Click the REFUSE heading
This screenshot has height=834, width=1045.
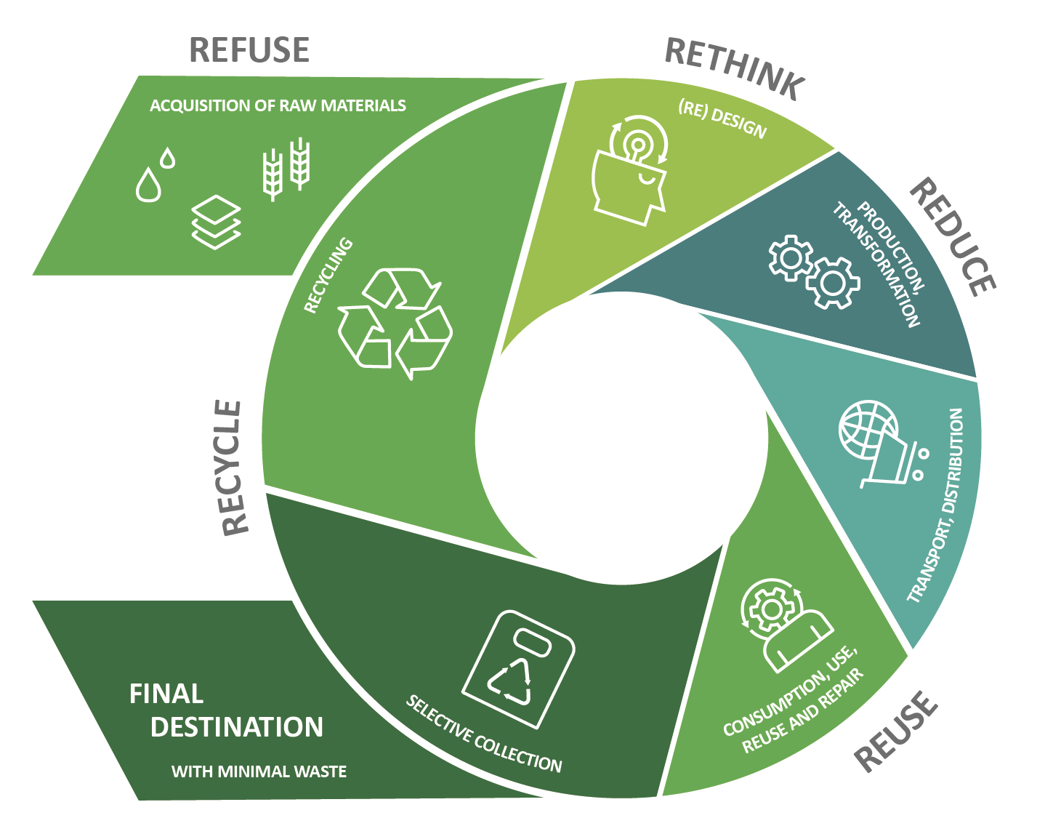(249, 50)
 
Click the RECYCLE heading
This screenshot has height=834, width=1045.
(232, 468)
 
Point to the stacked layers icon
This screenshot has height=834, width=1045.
(216, 224)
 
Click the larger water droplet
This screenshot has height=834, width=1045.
(149, 185)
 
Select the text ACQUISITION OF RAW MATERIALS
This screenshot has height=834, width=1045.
(278, 105)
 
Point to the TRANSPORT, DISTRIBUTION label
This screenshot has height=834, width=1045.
(937, 505)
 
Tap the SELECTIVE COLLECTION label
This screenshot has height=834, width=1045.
(484, 734)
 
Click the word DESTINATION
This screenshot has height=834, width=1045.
(237, 727)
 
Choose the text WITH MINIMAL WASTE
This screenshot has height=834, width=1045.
(259, 771)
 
